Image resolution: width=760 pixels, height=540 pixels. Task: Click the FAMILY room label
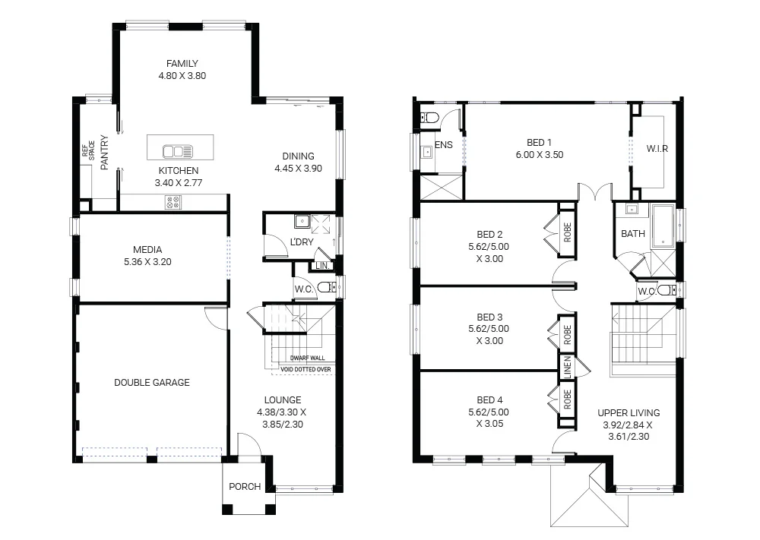tap(182, 64)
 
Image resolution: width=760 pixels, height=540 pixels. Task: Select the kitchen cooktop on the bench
tap(173, 202)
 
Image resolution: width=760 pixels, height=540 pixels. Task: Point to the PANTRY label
tap(104, 152)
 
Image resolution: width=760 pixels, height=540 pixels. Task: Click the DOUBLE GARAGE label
tap(152, 383)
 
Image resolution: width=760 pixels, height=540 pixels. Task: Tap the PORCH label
tap(245, 487)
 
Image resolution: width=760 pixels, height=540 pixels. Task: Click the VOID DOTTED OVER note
tap(306, 370)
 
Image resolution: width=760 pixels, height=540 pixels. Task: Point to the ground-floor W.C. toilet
tap(325, 287)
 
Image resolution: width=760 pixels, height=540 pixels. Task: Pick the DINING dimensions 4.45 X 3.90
tap(299, 169)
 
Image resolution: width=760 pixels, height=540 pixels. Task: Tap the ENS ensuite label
tap(444, 144)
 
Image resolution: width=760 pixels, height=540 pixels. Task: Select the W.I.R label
tap(657, 148)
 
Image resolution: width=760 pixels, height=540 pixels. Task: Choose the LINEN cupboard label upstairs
tap(567, 368)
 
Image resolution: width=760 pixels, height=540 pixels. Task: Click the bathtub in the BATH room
tap(663, 226)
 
